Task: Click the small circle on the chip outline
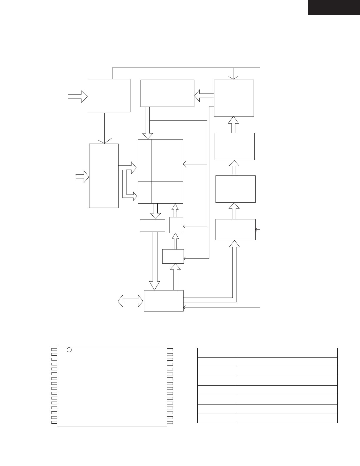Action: coord(69,350)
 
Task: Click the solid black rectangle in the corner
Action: coord(334,7)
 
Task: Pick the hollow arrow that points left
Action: coord(204,96)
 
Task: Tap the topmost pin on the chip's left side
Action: coord(54,349)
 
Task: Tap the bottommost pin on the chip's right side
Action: coord(170,422)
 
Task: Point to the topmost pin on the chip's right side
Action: coord(170,349)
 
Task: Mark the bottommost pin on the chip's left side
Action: coord(54,422)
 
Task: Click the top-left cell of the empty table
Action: coord(216,353)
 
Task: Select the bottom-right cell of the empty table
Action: coord(286,418)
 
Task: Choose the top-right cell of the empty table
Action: coord(286,353)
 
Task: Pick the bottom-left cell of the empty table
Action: coord(216,418)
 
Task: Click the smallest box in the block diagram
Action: coord(176,225)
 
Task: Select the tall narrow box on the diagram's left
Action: coord(104,176)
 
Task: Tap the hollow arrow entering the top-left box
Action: coord(78,96)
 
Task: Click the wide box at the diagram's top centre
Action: coord(167,93)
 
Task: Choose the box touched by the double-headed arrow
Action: coord(164,301)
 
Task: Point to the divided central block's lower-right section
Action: coord(167,192)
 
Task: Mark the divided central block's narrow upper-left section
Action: coord(145,160)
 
